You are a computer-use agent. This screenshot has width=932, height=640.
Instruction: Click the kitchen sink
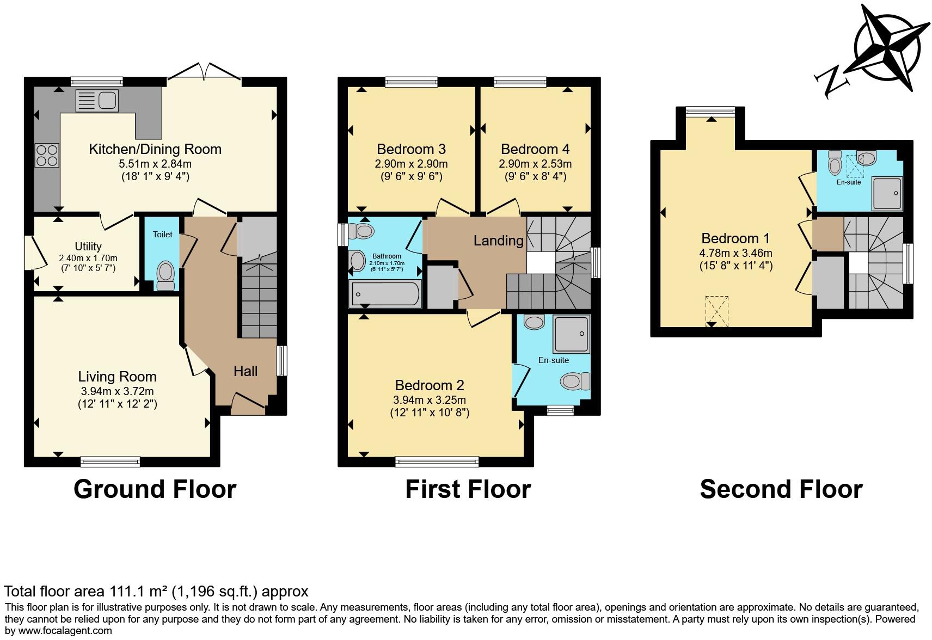pyautogui.click(x=97, y=101)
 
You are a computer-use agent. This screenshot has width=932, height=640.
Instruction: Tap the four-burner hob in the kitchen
pyautogui.click(x=47, y=155)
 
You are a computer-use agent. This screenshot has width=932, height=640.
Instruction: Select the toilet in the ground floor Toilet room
pyautogui.click(x=165, y=276)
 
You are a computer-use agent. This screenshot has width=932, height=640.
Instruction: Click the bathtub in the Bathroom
pyautogui.click(x=385, y=294)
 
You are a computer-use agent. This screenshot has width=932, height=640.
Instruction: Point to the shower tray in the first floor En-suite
pyautogui.click(x=571, y=334)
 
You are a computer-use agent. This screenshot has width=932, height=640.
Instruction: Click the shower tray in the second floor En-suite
pyautogui.click(x=887, y=193)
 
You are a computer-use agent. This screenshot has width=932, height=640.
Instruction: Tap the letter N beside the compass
pyautogui.click(x=832, y=82)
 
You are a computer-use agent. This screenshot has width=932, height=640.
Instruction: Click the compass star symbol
pyautogui.click(x=886, y=47)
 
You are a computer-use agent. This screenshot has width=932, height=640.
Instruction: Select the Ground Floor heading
pyautogui.click(x=155, y=489)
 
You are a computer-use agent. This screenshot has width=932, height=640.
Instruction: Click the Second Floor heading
pyautogui.click(x=781, y=489)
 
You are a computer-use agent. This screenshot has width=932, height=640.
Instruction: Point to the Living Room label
pyautogui.click(x=118, y=377)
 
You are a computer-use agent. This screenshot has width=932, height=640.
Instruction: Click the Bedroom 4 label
pyautogui.click(x=535, y=149)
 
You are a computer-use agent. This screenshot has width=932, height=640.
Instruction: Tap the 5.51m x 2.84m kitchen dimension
pyautogui.click(x=155, y=163)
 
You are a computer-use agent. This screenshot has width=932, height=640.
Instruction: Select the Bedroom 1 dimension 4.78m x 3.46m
pyautogui.click(x=735, y=253)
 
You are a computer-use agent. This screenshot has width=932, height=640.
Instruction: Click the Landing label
pyautogui.click(x=499, y=241)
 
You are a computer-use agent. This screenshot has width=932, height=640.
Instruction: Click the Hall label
pyautogui.click(x=246, y=371)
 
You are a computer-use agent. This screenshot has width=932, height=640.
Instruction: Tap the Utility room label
pyautogui.click(x=88, y=246)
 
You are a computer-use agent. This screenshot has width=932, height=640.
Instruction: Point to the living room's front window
pyautogui.click(x=111, y=461)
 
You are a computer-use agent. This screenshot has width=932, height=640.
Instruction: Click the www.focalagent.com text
pyautogui.click(x=65, y=630)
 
